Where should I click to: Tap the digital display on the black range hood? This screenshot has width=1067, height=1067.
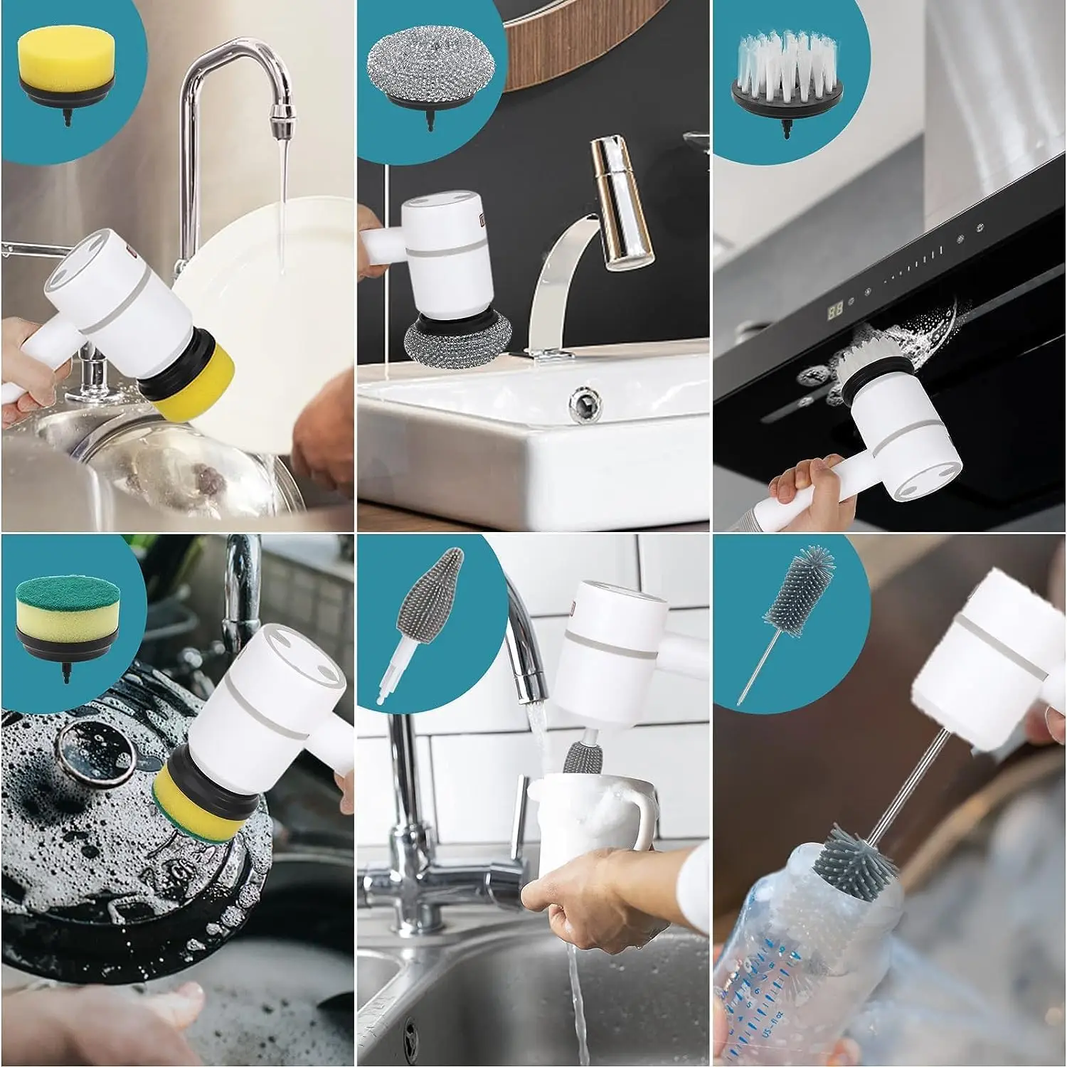tap(836, 309)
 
